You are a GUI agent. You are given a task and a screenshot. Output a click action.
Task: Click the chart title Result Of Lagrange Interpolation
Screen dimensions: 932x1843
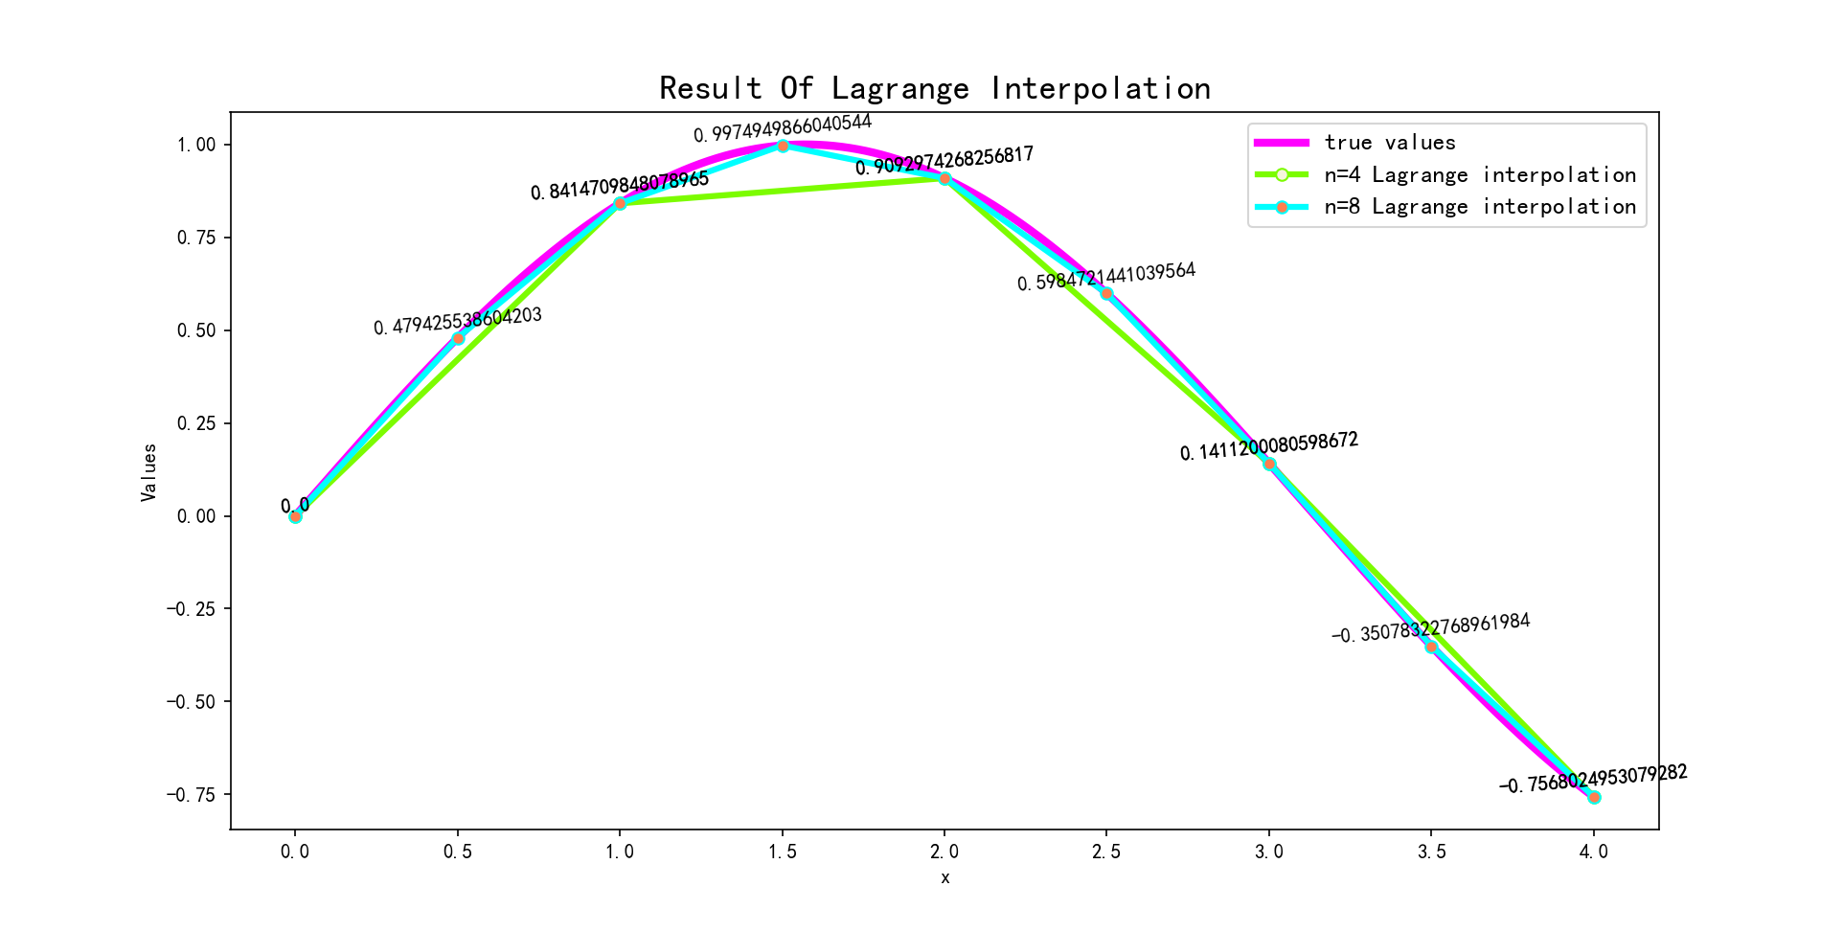[x=934, y=88]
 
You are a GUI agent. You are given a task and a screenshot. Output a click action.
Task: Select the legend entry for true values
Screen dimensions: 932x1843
[x=1389, y=143]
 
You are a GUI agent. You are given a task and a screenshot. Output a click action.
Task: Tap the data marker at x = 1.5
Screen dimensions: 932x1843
[x=783, y=146]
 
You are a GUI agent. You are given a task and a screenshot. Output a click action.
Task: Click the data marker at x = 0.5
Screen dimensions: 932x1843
[x=458, y=338]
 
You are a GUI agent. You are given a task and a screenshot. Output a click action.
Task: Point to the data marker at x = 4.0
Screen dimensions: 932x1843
[x=1594, y=797]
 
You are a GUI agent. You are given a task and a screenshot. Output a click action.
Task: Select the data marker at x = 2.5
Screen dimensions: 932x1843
[x=1106, y=293]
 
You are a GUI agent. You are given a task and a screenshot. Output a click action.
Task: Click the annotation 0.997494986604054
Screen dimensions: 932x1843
[x=783, y=127]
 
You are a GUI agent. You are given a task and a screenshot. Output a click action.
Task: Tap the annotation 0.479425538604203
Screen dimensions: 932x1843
[x=458, y=321]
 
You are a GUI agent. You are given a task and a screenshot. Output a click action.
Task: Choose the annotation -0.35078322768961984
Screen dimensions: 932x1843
[x=1430, y=628]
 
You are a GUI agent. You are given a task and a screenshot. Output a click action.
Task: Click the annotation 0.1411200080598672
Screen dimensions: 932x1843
[x=1268, y=446]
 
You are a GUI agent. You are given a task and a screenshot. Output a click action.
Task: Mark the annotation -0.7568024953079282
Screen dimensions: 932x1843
[x=1593, y=779]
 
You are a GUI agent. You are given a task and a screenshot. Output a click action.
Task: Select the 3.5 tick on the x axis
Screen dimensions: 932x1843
[x=1431, y=851]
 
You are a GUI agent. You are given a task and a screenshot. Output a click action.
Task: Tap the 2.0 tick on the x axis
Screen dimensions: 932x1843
[x=944, y=851]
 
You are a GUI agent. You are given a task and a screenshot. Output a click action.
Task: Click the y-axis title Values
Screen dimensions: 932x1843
[x=148, y=472]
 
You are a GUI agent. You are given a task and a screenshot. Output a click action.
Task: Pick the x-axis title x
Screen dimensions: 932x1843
[x=944, y=877]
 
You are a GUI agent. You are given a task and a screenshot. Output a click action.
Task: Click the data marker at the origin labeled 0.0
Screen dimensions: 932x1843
[x=295, y=516]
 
